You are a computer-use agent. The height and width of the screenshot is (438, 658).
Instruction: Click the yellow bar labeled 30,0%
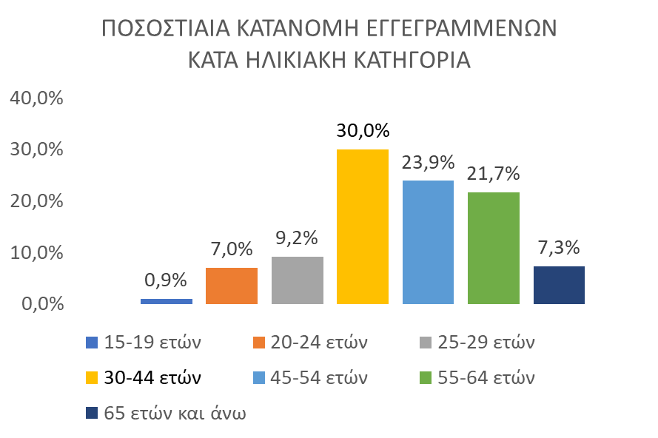click(x=363, y=226)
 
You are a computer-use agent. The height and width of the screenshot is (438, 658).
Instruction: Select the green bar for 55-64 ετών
click(x=494, y=248)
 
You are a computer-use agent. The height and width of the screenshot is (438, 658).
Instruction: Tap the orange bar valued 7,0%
click(x=232, y=286)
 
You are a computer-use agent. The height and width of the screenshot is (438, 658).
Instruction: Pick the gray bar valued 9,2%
click(x=298, y=280)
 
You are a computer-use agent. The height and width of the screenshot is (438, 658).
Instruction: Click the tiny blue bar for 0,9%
click(x=167, y=301)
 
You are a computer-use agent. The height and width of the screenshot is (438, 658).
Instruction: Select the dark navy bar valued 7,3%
click(x=559, y=285)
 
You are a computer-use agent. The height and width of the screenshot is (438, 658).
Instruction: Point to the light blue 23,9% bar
click(x=428, y=242)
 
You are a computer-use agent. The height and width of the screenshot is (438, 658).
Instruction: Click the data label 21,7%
click(x=494, y=174)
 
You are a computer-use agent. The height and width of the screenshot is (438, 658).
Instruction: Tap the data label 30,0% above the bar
click(x=363, y=131)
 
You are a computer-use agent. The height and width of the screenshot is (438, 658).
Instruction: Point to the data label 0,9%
click(x=166, y=280)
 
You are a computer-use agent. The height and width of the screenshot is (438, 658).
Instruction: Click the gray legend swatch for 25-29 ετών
click(x=423, y=343)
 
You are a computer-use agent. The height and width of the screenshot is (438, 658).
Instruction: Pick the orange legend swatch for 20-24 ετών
click(x=258, y=343)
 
